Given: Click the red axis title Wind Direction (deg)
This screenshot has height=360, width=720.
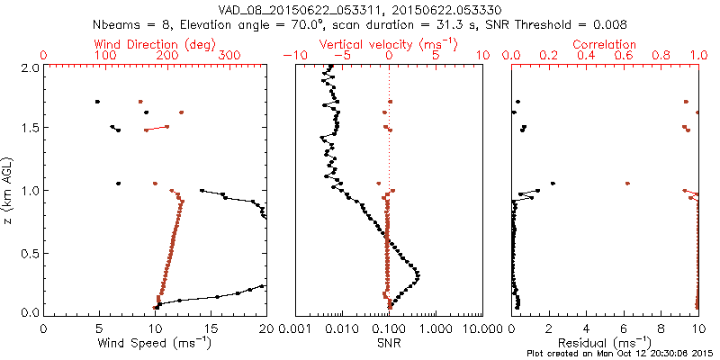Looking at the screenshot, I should tap(155, 44).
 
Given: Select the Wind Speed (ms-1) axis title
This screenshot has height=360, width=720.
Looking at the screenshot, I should tap(155, 344).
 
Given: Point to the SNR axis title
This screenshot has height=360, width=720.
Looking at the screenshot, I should tap(389, 343).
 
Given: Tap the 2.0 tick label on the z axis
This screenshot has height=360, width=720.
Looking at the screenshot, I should tap(29, 67).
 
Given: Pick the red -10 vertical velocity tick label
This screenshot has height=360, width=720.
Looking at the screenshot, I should tap(293, 56).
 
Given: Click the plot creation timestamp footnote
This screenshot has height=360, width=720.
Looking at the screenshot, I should tap(617, 354).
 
